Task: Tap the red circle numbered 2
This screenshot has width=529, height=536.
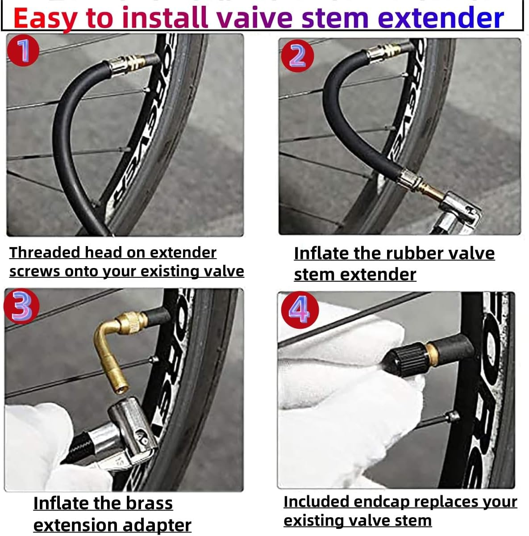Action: [x=297, y=56]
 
